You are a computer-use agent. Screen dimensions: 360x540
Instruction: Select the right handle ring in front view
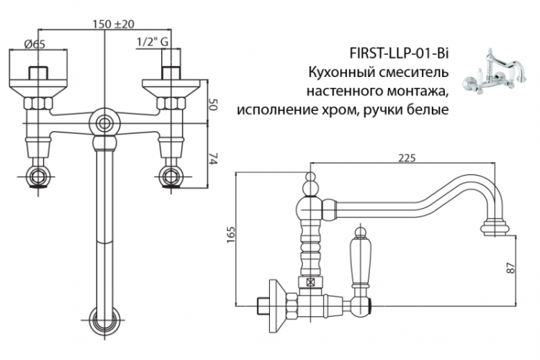[x=171, y=176]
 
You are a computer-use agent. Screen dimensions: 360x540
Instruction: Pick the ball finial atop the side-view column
[x=311, y=189]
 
